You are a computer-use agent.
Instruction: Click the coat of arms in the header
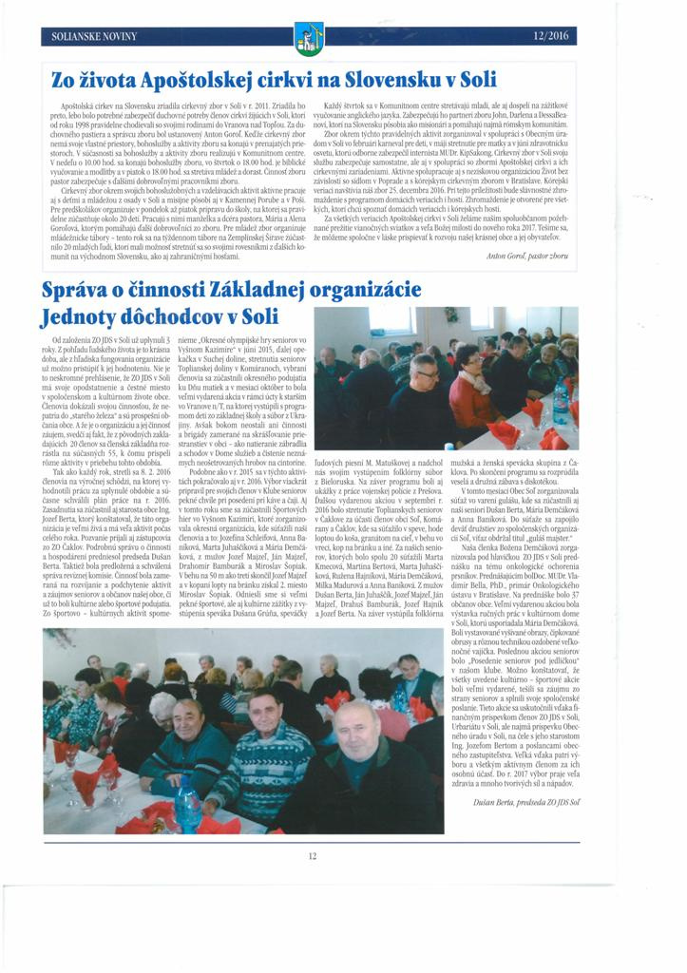309,38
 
